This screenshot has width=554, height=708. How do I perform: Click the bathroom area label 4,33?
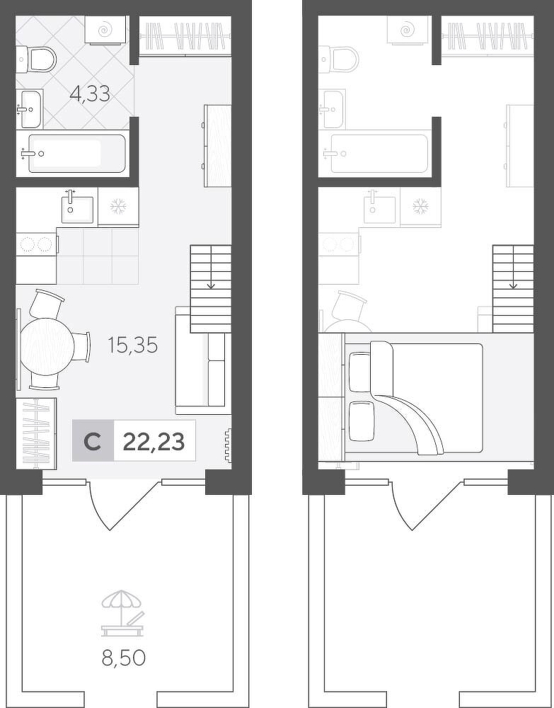(x=91, y=94)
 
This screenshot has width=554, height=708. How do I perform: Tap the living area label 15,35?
(x=132, y=346)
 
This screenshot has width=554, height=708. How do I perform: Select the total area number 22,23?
(x=154, y=442)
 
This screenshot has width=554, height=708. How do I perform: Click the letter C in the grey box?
(x=93, y=442)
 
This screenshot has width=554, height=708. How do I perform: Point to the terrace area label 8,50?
(x=124, y=658)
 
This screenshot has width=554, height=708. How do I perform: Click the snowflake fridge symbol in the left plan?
(x=119, y=207)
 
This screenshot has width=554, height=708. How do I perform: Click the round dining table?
(x=47, y=346)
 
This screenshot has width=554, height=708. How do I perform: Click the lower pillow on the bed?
(x=362, y=421)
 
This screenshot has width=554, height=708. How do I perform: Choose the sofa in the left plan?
(x=200, y=360)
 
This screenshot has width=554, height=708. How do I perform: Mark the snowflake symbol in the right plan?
(x=421, y=207)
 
